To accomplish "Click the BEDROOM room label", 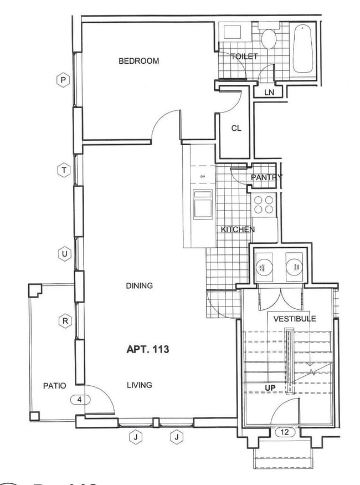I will [x=138, y=61].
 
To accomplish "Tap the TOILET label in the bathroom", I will [x=244, y=57].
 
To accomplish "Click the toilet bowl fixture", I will [x=269, y=40].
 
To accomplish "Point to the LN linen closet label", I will [x=269, y=93].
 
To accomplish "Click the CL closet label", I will [x=236, y=128].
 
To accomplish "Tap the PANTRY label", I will [x=266, y=177].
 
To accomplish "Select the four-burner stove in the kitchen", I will [x=264, y=205].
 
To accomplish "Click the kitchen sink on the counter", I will [x=203, y=205].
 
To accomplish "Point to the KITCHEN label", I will [x=238, y=229].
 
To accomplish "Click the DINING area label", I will [x=139, y=286].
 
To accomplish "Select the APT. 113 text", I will [x=147, y=349].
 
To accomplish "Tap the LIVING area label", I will [x=139, y=385].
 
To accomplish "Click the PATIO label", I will [x=55, y=385].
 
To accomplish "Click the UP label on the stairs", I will [x=271, y=387].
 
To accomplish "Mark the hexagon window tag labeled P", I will [x=64, y=80].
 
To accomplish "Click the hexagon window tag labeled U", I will [x=64, y=254].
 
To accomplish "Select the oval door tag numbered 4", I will [x=80, y=399].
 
